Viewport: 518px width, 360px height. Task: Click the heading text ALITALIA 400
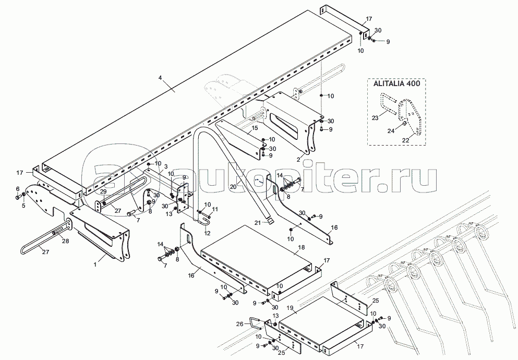pyautogui.click(x=397, y=83)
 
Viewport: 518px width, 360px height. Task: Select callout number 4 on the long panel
pyautogui.click(x=160, y=78)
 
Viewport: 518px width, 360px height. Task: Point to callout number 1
pyautogui.click(x=95, y=265)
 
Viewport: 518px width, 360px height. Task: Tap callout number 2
pyautogui.click(x=298, y=160)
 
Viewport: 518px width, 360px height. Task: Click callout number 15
pyautogui.click(x=255, y=128)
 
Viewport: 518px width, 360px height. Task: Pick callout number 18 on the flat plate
pyautogui.click(x=302, y=247)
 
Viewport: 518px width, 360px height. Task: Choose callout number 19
pyautogui.click(x=290, y=308)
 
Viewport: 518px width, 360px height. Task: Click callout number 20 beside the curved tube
pyautogui.click(x=234, y=187)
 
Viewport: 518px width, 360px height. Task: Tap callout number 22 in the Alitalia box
pyautogui.click(x=406, y=140)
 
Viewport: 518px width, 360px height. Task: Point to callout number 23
pyautogui.click(x=375, y=118)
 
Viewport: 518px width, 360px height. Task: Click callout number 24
pyautogui.click(x=391, y=131)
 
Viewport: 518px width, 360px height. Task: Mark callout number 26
pyautogui.click(x=240, y=325)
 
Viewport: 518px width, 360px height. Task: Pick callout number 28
pyautogui.click(x=65, y=241)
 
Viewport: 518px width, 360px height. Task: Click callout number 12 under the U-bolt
pyautogui.click(x=207, y=233)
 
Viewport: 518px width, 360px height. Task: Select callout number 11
pyautogui.click(x=215, y=209)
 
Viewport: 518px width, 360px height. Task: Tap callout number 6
pyautogui.click(x=18, y=188)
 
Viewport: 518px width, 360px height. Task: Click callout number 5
pyautogui.click(x=23, y=206)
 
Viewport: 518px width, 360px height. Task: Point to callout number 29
pyautogui.click(x=103, y=192)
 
